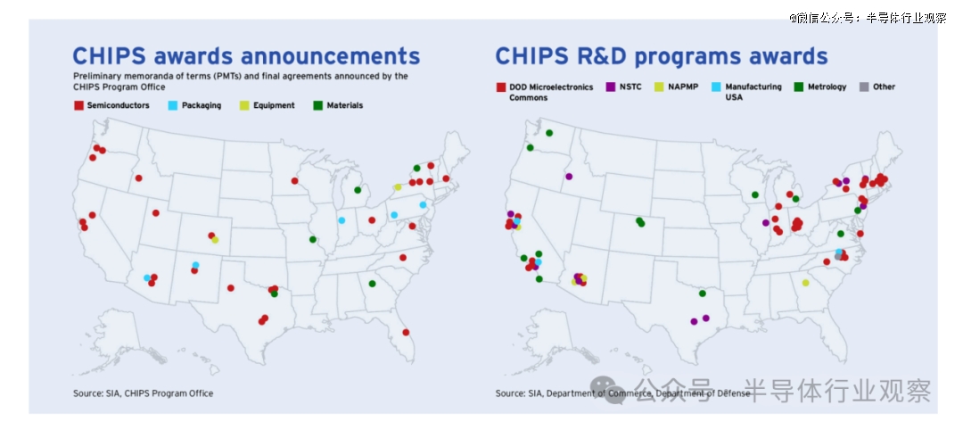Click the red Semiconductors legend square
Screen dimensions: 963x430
click(78, 105)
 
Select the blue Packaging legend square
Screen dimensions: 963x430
click(173, 105)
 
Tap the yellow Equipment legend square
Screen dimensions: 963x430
click(243, 105)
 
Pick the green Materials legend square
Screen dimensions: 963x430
click(317, 105)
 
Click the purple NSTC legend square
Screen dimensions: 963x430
click(611, 87)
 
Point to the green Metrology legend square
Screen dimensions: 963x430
click(798, 87)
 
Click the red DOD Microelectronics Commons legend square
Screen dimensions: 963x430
click(500, 87)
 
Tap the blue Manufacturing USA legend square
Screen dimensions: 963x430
click(716, 87)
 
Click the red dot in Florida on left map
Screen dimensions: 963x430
click(406, 333)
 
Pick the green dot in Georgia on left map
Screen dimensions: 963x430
click(372, 284)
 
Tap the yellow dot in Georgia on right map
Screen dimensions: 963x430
click(806, 283)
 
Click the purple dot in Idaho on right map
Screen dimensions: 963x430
click(569, 177)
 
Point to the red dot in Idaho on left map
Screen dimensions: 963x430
click(139, 178)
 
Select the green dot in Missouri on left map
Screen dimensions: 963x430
click(313, 240)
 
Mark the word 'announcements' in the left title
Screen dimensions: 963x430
click(331, 56)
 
